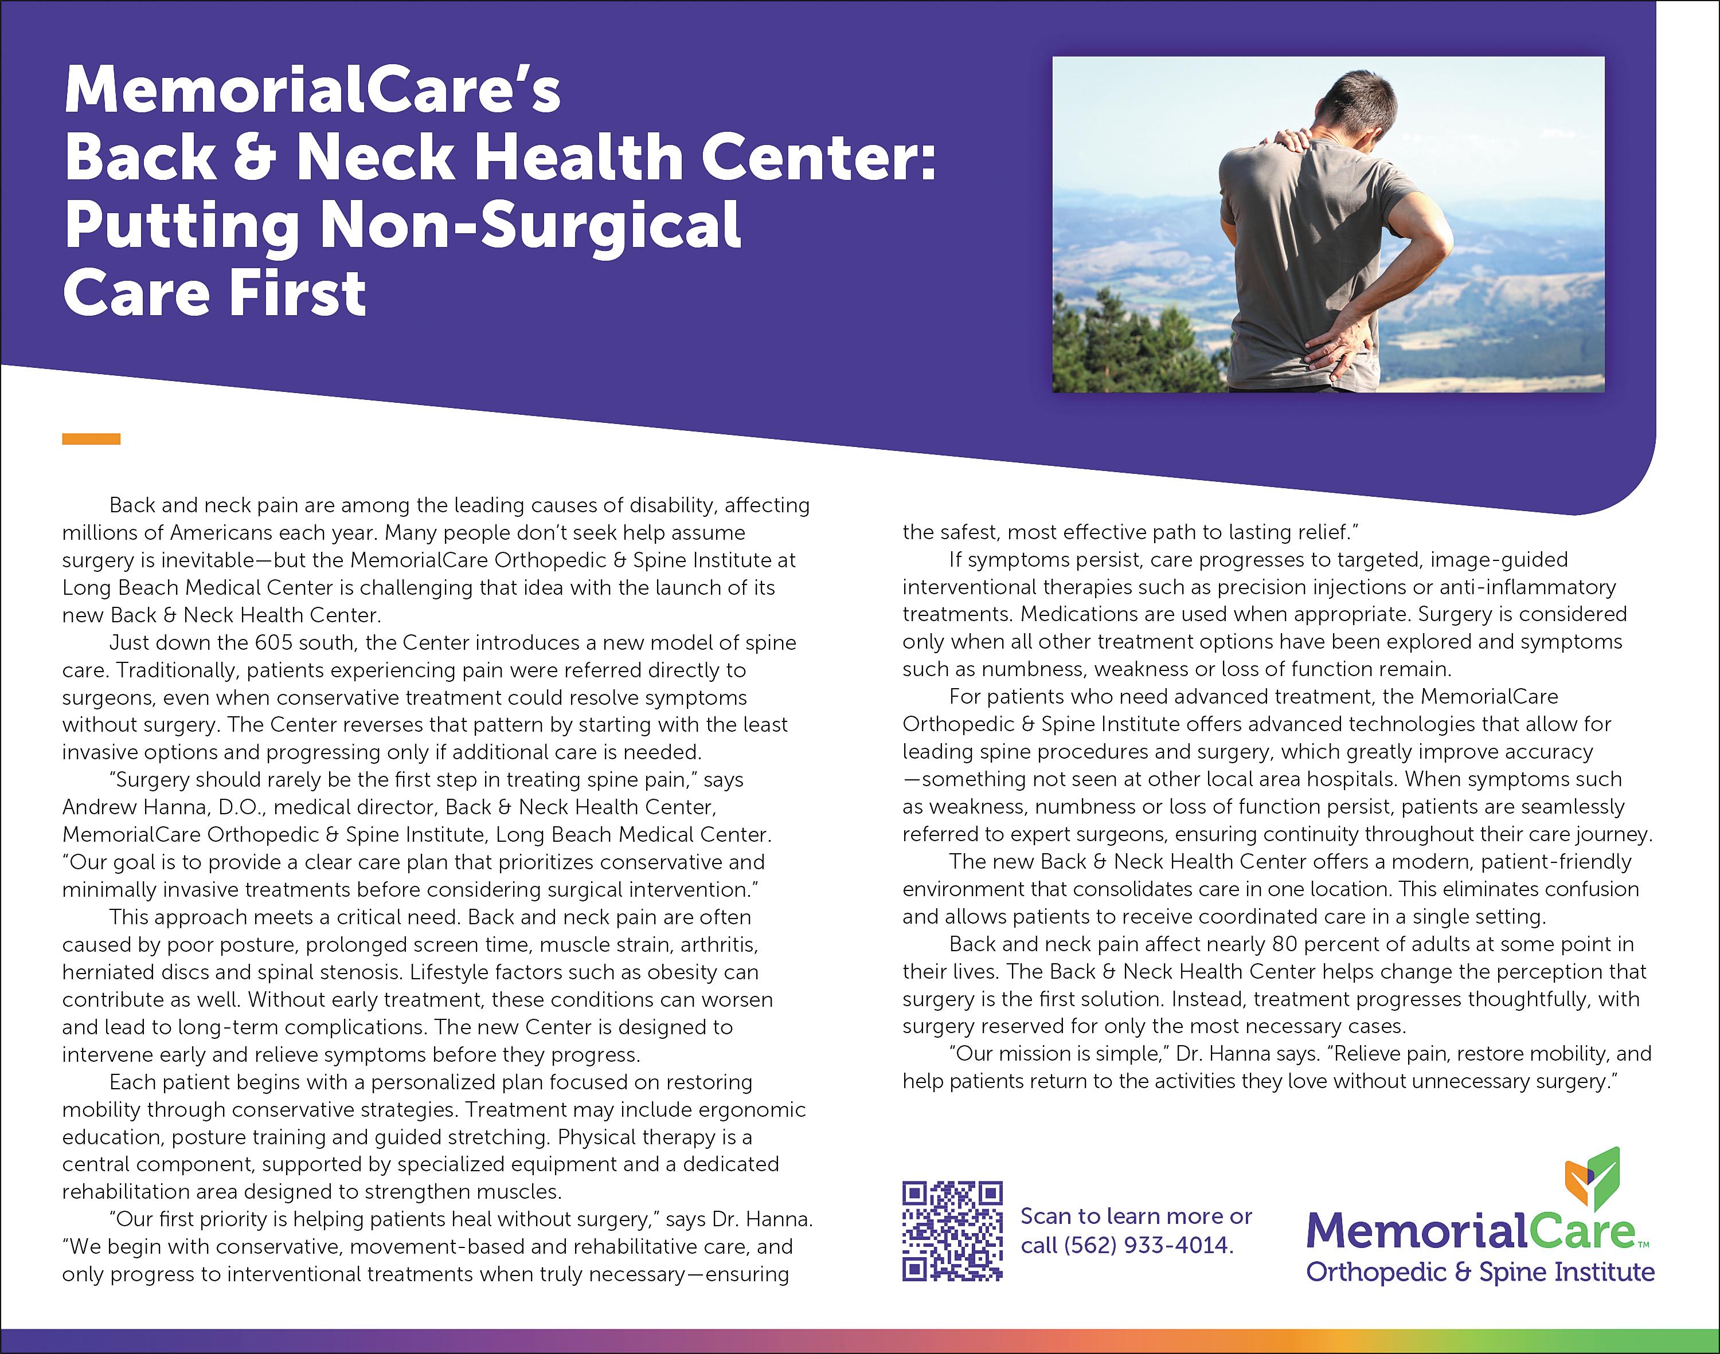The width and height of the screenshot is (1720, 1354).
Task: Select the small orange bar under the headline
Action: point(91,439)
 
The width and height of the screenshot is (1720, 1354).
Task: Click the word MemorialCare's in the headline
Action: point(312,91)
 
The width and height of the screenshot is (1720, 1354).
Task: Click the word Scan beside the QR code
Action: point(1043,1216)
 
